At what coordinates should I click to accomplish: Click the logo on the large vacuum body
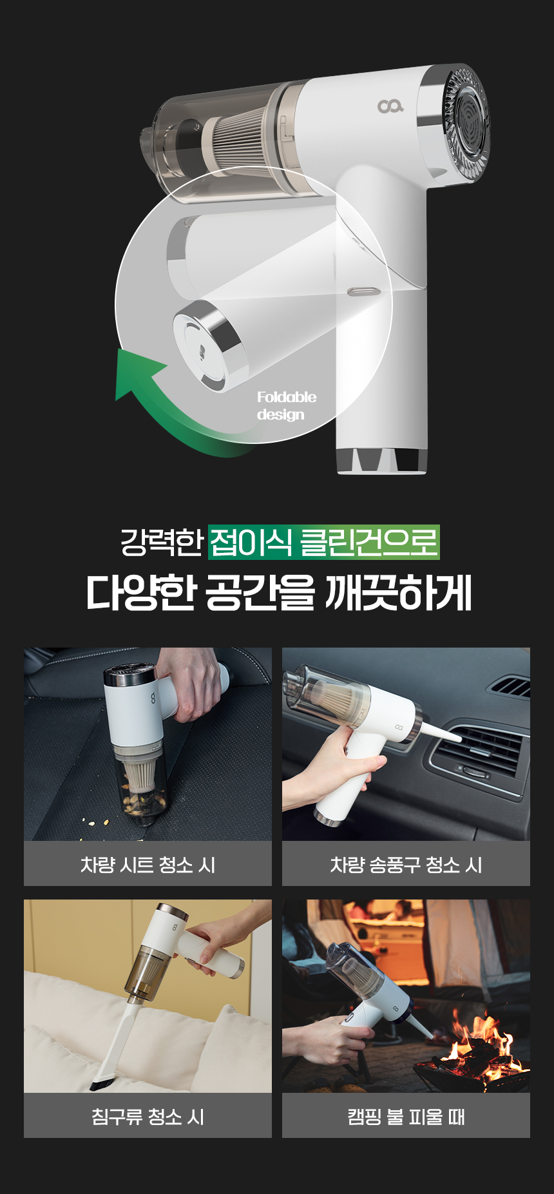pyautogui.click(x=390, y=106)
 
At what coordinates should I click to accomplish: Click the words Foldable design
pyautogui.click(x=287, y=405)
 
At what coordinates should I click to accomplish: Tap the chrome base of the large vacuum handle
pyautogui.click(x=381, y=461)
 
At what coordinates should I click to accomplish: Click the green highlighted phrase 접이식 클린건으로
pyautogui.click(x=324, y=542)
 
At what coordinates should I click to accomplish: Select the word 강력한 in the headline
pyautogui.click(x=162, y=542)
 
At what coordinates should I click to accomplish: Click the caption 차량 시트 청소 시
pyautogui.click(x=148, y=864)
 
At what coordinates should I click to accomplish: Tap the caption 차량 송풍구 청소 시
pyautogui.click(x=406, y=864)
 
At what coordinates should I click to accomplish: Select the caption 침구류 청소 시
pyautogui.click(x=148, y=1116)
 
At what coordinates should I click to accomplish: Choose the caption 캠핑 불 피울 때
pyautogui.click(x=406, y=1116)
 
